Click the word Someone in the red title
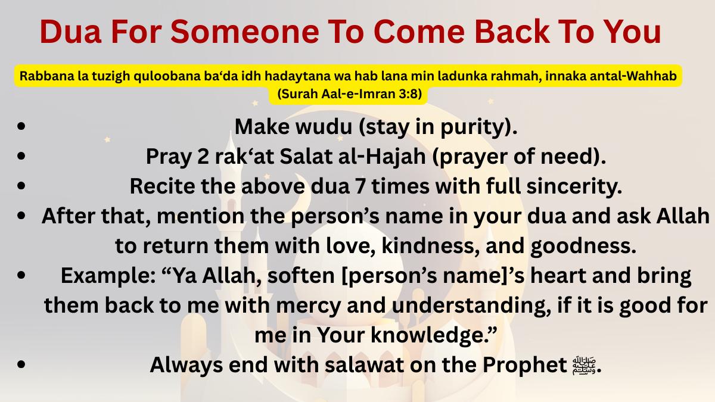[x=245, y=32]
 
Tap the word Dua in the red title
[x=70, y=32]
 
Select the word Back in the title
[x=512, y=32]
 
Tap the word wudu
[x=324, y=127]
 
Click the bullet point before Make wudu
[x=21, y=126]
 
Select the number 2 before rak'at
[x=203, y=157]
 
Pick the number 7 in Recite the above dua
[x=360, y=186]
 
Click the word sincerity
[x=574, y=186]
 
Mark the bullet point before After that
[x=21, y=216]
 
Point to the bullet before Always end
[x=21, y=364]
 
